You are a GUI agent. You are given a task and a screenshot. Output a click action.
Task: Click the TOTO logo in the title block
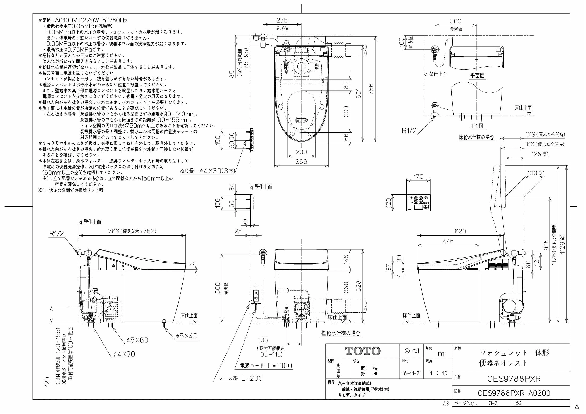click(363, 351)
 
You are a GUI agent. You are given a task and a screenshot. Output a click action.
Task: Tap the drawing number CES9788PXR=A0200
click(514, 393)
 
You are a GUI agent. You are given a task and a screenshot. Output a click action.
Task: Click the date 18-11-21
click(412, 373)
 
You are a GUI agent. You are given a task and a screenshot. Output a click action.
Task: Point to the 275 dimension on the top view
click(282, 20)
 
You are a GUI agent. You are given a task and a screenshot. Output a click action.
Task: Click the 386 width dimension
click(301, 161)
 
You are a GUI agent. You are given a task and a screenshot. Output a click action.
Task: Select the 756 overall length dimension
click(371, 89)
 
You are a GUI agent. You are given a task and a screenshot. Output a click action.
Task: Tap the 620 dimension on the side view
click(460, 231)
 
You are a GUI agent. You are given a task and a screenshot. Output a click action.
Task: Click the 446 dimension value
click(448, 241)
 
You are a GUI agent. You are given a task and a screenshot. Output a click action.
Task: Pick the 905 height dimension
click(547, 245)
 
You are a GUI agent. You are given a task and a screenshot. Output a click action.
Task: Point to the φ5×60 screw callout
click(137, 340)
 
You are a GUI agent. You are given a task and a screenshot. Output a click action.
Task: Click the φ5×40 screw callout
click(187, 336)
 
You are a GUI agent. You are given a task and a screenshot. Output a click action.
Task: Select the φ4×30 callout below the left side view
click(124, 354)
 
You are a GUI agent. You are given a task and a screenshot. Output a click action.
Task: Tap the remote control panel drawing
click(418, 203)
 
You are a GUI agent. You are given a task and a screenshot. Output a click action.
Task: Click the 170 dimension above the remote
click(418, 177)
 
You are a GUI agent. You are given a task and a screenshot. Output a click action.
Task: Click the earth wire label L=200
click(241, 378)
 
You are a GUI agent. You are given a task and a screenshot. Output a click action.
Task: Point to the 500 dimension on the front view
click(218, 288)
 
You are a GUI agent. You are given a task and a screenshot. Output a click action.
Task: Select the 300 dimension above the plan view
click(456, 21)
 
